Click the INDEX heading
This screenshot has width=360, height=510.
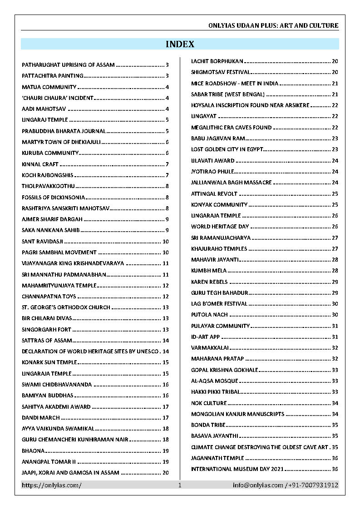click(180, 44)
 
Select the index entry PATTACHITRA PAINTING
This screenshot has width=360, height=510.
click(53, 76)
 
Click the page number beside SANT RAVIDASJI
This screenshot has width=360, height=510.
click(166, 242)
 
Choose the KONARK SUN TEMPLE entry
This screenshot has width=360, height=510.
click(49, 362)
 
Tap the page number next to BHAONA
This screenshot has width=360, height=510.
click(166, 451)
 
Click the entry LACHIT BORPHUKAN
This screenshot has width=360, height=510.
click(217, 61)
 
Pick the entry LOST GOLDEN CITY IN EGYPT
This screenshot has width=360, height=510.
click(227, 149)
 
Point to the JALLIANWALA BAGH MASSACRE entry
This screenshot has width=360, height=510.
click(232, 183)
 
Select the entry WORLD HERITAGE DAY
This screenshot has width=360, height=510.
click(220, 227)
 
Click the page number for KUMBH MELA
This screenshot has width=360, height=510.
click(335, 271)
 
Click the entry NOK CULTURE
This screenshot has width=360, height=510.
click(209, 403)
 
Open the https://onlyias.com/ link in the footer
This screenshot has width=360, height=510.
click(52, 485)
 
